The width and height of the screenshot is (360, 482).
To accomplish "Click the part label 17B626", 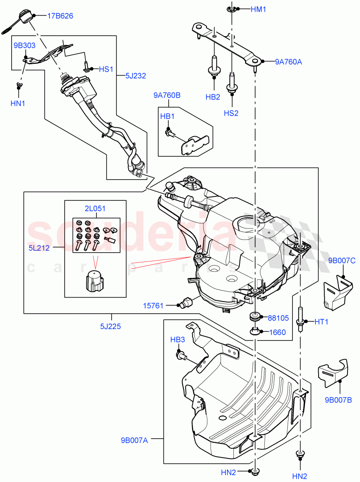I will coord(60,16).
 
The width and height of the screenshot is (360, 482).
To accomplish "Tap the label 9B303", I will coord(25,45).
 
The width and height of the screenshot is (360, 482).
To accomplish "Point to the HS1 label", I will coord(106,69).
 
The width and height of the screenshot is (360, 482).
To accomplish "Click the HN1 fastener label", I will coord(18,103).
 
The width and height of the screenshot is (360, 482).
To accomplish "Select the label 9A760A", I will coord(288,62).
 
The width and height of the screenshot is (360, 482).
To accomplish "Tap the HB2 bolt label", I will coord(213,97).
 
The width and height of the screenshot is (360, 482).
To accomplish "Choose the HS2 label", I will coord(231,113).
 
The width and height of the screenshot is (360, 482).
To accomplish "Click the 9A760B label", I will coord(167,95).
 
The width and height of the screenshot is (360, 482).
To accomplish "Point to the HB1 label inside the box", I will coord(167,116).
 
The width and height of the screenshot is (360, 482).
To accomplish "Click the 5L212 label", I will coord(39,248).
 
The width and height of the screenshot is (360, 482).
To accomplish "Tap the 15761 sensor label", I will coord(153,306).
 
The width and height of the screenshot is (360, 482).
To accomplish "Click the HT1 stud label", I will coord(321,321).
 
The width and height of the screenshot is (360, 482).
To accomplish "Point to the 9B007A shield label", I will coord(134,441).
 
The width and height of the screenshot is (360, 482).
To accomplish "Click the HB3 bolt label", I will coord(177,339).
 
